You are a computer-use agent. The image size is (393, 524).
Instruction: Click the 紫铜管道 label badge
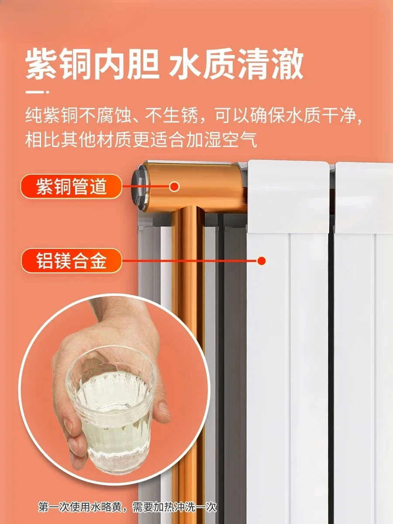[71, 186]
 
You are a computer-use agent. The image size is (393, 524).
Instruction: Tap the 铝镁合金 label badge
[71, 261]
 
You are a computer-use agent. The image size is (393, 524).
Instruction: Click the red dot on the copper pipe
[174, 186]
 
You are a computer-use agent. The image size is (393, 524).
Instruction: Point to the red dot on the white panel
[262, 261]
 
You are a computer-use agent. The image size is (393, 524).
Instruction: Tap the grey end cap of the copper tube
[139, 188]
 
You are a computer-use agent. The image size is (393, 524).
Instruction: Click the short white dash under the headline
[37, 92]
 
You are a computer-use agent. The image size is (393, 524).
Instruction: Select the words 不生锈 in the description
[172, 116]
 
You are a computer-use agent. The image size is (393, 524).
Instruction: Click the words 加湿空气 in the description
[222, 140]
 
